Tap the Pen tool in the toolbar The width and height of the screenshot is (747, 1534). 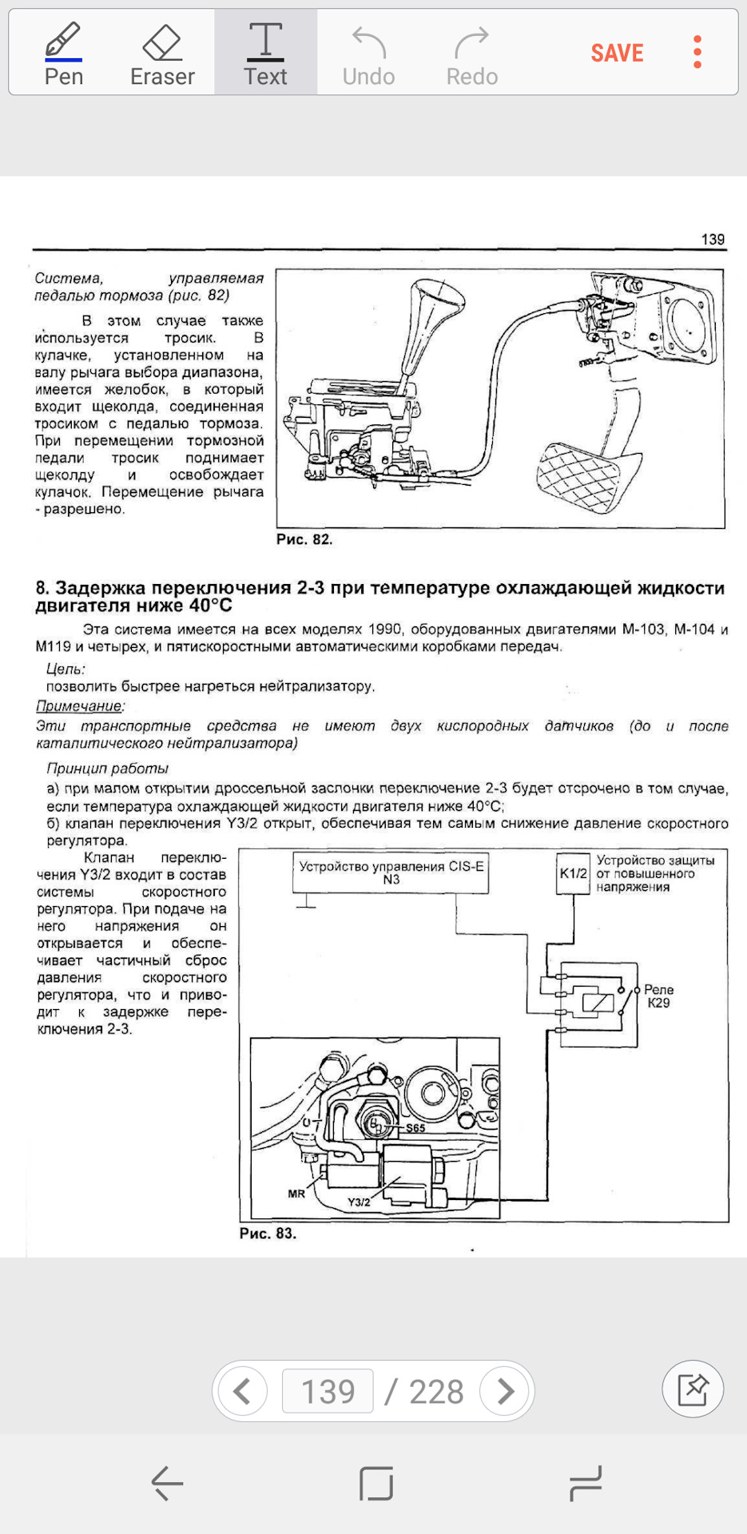(x=63, y=54)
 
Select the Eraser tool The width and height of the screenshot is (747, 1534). (x=162, y=54)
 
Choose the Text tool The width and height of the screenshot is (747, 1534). (x=265, y=54)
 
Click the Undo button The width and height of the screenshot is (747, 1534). (x=368, y=54)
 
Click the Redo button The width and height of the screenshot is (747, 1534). (x=471, y=54)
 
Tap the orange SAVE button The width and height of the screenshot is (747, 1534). (x=617, y=53)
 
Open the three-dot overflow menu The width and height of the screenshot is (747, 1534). (x=697, y=52)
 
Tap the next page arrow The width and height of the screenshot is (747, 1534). (x=506, y=1391)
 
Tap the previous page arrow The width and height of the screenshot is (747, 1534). (x=242, y=1391)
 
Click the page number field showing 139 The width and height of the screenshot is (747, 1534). (x=328, y=1391)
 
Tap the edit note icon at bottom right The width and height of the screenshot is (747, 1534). (x=693, y=1389)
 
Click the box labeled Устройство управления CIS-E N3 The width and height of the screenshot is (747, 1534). (x=391, y=872)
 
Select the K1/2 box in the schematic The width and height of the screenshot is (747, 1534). (x=573, y=873)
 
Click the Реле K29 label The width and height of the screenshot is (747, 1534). (x=658, y=996)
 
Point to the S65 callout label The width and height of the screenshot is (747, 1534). (x=415, y=1128)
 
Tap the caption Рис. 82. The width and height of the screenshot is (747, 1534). (x=304, y=539)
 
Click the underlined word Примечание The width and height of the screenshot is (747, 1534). (x=79, y=706)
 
